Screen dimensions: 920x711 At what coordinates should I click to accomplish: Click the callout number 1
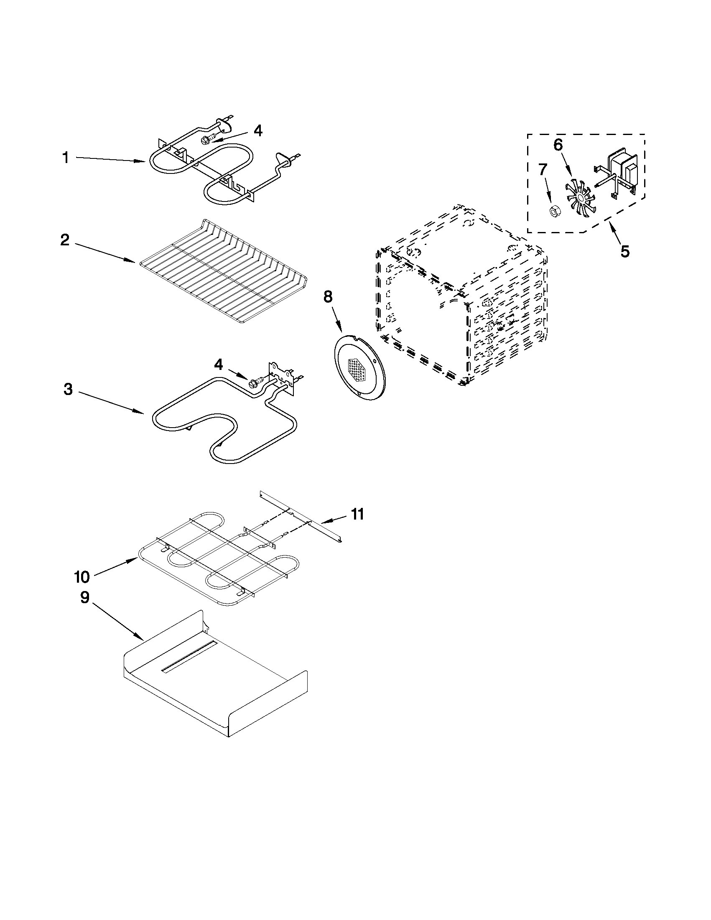(66, 158)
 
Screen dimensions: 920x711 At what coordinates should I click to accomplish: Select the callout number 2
(65, 240)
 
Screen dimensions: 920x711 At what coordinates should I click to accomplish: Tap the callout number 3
(68, 389)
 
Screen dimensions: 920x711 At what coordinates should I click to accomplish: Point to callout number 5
(625, 252)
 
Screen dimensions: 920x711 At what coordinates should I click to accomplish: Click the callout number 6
(558, 145)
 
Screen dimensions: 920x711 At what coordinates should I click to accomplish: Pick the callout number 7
(543, 169)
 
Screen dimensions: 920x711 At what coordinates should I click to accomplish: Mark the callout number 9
(85, 597)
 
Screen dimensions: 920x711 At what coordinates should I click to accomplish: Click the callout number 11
(357, 515)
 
